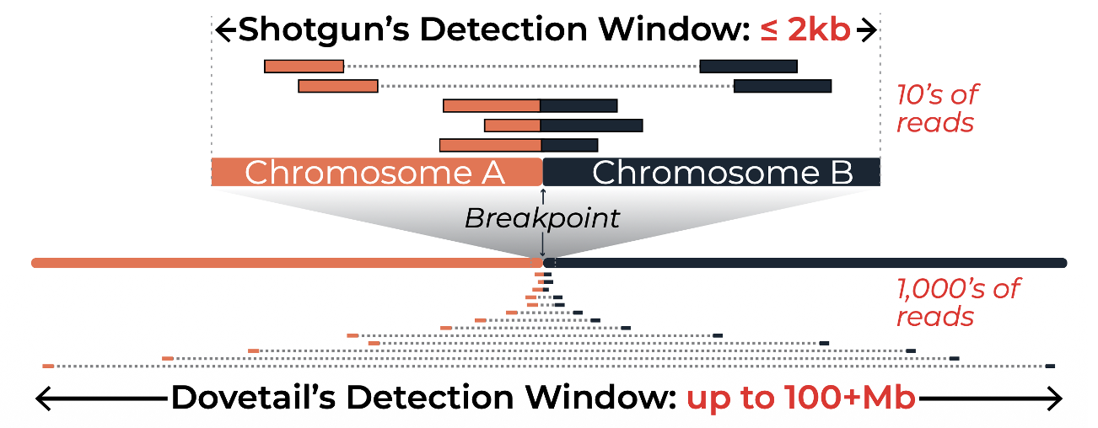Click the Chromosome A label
pyautogui.click(x=374, y=173)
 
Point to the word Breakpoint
pyautogui.click(x=542, y=218)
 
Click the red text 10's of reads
pyautogui.click(x=939, y=108)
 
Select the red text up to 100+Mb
pyautogui.click(x=800, y=398)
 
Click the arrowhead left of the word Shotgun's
pyautogui.click(x=224, y=31)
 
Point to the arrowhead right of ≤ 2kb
pyautogui.click(x=869, y=31)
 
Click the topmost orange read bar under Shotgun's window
pyautogui.click(x=304, y=66)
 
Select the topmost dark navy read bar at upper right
pyautogui.click(x=748, y=66)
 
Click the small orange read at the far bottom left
pyautogui.click(x=48, y=366)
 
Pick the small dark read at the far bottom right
pyautogui.click(x=1050, y=366)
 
